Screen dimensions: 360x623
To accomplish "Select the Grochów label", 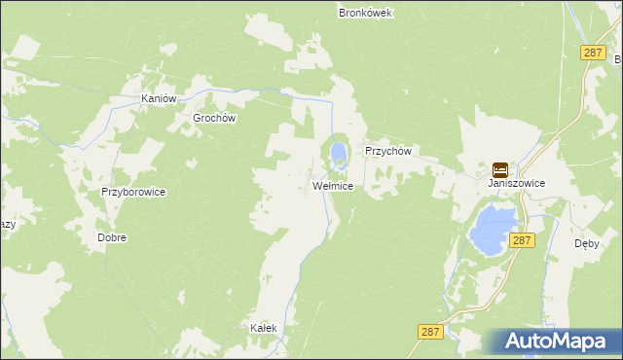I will point(215,118).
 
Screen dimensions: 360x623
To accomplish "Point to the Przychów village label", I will point(389,152).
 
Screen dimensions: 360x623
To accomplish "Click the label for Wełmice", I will point(332,185).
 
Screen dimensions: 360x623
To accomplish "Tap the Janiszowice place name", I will point(516,183).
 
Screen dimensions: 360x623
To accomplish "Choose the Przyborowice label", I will point(133,193).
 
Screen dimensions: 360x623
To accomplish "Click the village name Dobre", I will point(112,237).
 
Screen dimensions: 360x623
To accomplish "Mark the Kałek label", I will point(264,328).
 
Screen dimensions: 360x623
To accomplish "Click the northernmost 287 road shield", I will point(592,53).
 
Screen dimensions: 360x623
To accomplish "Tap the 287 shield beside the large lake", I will point(523,239).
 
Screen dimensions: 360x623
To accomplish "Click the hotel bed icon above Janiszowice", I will point(499,169).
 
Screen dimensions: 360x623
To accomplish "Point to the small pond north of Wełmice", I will point(338,154).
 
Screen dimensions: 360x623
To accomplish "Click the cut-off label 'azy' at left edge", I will point(7,224).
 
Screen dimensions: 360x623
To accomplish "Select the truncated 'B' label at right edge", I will point(618,60).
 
